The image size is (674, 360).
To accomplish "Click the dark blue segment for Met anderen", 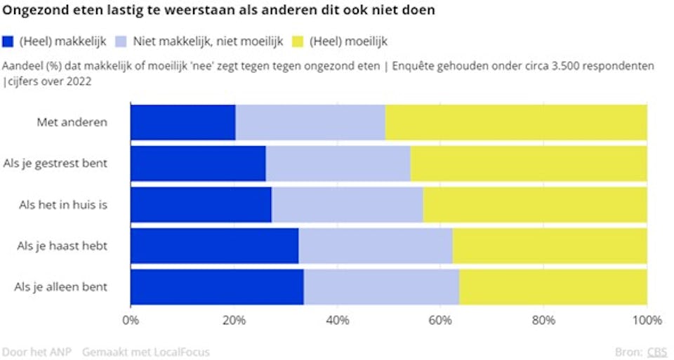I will click(183, 121).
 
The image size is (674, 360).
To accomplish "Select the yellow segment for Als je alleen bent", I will click(553, 287).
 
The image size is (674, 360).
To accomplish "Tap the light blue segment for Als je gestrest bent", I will click(338, 163).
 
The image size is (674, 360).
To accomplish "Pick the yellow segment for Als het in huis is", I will click(534, 204).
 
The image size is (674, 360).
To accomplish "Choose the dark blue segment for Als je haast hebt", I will click(214, 246).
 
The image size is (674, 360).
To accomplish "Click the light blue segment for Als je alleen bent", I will click(381, 287).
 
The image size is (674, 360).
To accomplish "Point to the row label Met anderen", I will click(72, 122).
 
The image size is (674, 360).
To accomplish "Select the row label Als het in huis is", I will click(62, 205).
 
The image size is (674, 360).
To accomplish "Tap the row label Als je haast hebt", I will click(61, 246).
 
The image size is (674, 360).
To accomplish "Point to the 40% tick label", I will click(337, 321).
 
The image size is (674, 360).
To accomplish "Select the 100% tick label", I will click(647, 321).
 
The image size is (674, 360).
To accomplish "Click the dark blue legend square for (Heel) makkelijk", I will click(8, 41).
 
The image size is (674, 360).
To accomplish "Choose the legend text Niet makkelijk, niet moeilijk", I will click(208, 41).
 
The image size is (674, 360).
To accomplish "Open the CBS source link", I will click(657, 352).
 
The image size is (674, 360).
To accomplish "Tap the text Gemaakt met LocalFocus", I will click(145, 352).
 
